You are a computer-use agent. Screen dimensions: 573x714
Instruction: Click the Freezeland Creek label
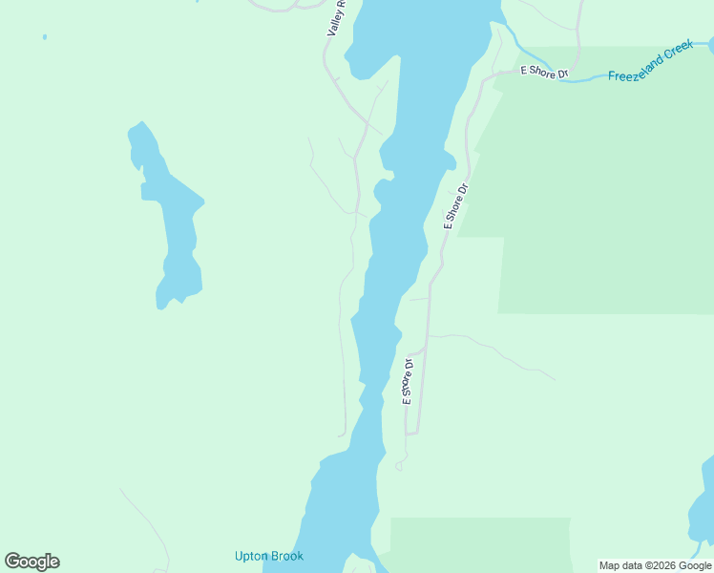coord(649,62)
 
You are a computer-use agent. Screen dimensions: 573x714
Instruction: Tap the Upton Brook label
coord(268,556)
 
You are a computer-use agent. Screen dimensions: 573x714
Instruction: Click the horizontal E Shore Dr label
coord(543,72)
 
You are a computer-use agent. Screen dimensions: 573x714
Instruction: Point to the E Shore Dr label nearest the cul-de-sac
coord(409,381)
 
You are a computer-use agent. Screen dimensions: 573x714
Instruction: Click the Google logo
coord(31,562)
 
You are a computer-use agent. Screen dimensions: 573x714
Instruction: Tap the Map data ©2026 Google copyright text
coord(656,565)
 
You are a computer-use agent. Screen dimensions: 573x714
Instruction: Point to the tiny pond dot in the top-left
coord(44,37)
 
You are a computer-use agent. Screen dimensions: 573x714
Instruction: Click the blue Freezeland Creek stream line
coord(582,80)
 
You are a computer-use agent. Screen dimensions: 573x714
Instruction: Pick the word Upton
coord(252,556)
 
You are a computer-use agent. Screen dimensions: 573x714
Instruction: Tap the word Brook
coord(286,556)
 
